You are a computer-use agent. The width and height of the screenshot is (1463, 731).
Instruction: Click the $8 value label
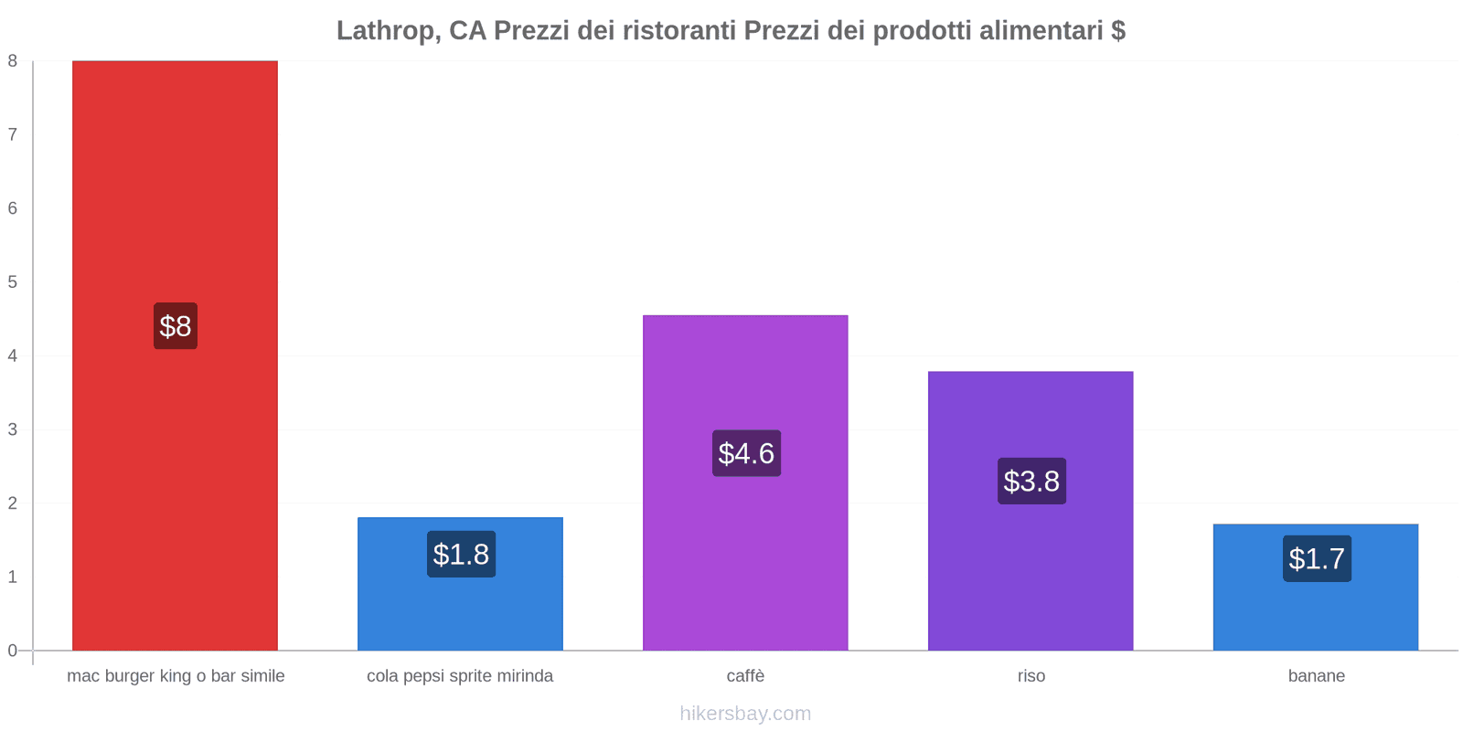click(x=175, y=326)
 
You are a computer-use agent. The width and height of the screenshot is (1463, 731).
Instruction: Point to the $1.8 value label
click(x=461, y=554)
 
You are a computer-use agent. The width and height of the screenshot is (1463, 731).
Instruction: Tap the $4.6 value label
click(x=746, y=453)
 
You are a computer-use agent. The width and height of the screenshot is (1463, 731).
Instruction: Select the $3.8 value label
click(x=1031, y=481)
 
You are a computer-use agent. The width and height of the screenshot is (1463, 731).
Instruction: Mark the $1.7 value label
click(x=1317, y=558)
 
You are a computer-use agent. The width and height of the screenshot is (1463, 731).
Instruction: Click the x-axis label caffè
click(x=745, y=676)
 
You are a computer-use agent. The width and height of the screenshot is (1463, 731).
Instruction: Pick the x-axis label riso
click(x=1031, y=676)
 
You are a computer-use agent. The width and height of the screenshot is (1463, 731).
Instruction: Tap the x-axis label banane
click(x=1316, y=676)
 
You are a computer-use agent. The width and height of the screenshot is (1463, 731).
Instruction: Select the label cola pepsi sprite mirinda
click(x=460, y=676)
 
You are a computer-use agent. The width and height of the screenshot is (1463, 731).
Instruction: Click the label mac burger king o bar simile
click(x=176, y=676)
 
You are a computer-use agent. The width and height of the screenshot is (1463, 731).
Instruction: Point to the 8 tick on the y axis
click(x=13, y=61)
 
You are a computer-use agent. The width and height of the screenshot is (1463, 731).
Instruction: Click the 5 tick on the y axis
click(x=13, y=282)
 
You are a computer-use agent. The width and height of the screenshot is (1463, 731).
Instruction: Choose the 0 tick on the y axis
click(x=13, y=651)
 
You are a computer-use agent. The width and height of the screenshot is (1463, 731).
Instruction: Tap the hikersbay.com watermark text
click(x=745, y=714)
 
